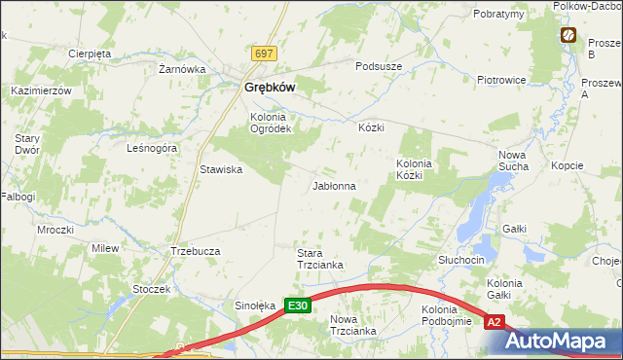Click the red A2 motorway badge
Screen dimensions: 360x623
pos(495,321)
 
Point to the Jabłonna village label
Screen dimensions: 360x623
pos(333,185)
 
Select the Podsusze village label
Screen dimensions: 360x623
pos(379,65)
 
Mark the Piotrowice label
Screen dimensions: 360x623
pos(501,80)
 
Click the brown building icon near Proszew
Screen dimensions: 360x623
pos(568,36)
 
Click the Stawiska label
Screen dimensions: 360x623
pos(221,169)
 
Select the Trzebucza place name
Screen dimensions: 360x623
pos(196,250)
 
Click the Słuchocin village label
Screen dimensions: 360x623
pos(461,261)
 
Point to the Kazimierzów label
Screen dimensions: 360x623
pos(42,90)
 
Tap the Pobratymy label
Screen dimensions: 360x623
pos(498,14)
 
